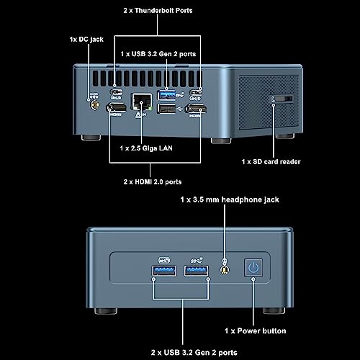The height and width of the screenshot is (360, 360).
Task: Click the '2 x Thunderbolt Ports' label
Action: (158, 11)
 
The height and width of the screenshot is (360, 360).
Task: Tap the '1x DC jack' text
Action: (86, 40)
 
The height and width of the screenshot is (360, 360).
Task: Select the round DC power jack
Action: (95, 105)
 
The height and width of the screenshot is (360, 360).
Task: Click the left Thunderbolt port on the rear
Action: (116, 92)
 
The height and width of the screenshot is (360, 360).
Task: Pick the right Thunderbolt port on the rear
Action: (196, 92)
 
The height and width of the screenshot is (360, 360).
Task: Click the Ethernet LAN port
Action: (142, 102)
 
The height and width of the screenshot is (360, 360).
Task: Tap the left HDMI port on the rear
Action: (117, 107)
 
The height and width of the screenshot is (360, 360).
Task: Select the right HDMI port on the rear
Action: (197, 109)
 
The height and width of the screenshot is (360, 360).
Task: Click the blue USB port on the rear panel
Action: (166, 95)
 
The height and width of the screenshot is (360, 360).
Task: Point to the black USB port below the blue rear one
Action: (166, 109)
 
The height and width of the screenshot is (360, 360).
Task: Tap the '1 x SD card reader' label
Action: (271, 162)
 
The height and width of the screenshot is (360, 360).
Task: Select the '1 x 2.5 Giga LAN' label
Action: (146, 148)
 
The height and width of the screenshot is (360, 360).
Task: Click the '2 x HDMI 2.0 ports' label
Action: (153, 181)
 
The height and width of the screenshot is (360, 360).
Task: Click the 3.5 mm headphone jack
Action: (225, 270)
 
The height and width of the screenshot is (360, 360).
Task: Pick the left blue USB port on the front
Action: (164, 271)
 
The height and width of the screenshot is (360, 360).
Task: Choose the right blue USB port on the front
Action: (196, 271)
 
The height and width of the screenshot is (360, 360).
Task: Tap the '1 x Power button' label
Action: (256, 331)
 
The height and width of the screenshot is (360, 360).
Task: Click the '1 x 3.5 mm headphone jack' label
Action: (230, 199)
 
